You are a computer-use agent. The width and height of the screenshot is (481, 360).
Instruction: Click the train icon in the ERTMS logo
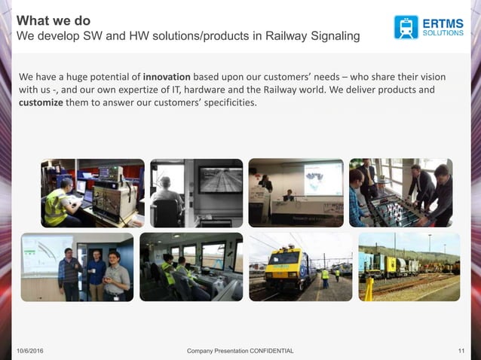tap(406, 26)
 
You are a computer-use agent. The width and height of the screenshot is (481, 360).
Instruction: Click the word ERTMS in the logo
tap(443, 22)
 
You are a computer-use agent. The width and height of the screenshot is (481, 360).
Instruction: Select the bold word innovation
tap(168, 77)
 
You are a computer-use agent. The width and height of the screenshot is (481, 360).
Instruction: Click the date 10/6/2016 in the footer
tap(30, 352)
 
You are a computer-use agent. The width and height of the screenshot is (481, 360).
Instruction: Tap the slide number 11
tap(461, 352)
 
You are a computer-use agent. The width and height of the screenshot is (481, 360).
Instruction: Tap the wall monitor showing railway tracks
tap(220, 180)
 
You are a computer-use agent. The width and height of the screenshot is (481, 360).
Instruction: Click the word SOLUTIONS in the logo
tap(443, 33)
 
